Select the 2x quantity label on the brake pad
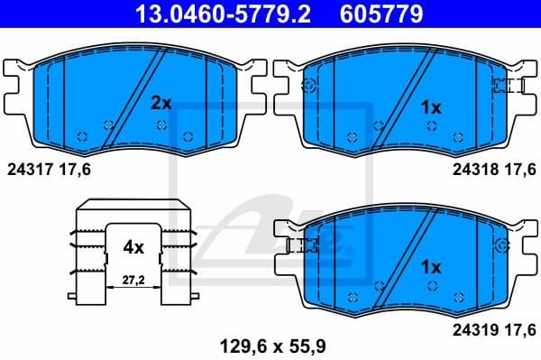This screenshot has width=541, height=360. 160,104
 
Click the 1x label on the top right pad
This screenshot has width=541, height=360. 431,107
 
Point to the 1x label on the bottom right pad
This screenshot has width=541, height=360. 431,267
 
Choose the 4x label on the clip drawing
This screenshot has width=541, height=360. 133,245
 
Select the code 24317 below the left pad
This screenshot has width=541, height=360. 28,168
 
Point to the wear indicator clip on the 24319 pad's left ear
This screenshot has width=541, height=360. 295,245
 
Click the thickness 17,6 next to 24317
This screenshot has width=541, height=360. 75,168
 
